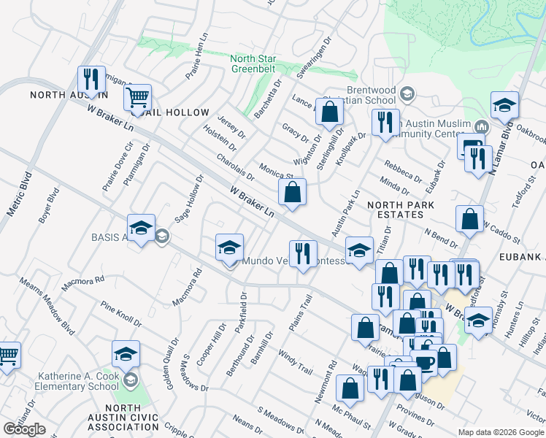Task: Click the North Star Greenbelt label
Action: click(x=252, y=65)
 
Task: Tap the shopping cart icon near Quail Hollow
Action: click(x=137, y=97)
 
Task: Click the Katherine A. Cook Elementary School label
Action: click(x=78, y=380)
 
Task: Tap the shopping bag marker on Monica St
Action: click(x=292, y=193)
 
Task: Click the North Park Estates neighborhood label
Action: click(x=396, y=210)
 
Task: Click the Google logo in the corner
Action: click(x=24, y=429)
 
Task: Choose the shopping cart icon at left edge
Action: click(x=7, y=356)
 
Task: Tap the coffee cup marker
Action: click(x=423, y=361)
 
